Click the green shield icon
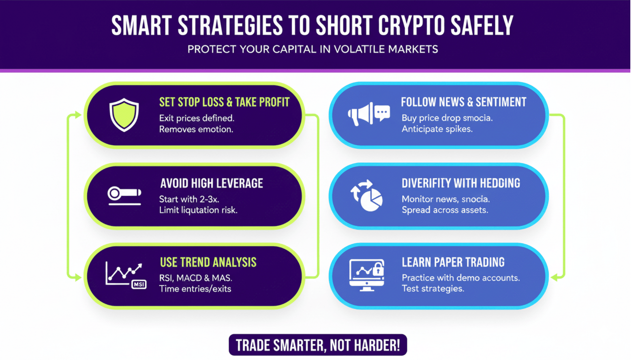(x=124, y=115)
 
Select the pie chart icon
(x=371, y=200)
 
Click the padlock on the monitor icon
(x=378, y=268)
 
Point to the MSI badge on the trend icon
(x=139, y=284)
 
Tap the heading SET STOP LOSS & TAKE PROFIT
(x=224, y=102)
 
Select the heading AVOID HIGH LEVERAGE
(x=212, y=183)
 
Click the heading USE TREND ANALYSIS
(x=208, y=262)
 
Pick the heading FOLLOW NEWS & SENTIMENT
(x=463, y=102)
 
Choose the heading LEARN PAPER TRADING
(x=453, y=262)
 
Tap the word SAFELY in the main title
(x=482, y=26)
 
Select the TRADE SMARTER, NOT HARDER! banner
(x=318, y=345)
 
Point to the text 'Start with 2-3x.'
(x=189, y=199)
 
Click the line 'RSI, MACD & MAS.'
(x=196, y=278)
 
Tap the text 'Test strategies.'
(x=433, y=288)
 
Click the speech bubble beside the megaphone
(x=382, y=113)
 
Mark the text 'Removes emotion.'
(x=196, y=129)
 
